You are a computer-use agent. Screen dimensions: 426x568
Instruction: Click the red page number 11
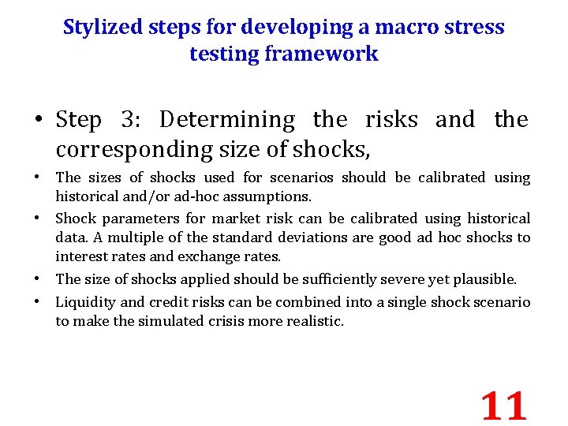click(x=503, y=405)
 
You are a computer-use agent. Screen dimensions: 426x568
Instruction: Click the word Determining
click(x=227, y=120)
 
